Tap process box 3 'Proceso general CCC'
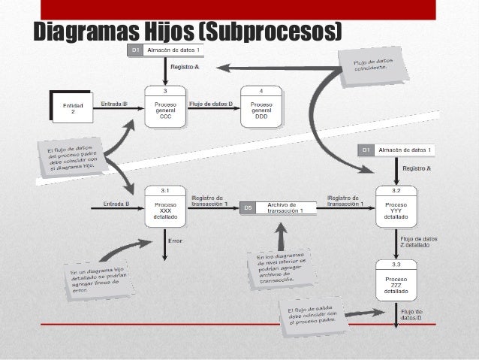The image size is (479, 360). [x=165, y=110]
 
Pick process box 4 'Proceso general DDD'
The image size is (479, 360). [x=261, y=110]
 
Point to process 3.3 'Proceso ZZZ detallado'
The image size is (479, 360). [x=396, y=283]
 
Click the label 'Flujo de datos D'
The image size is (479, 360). [x=210, y=104]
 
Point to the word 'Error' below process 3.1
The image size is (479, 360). [x=175, y=241]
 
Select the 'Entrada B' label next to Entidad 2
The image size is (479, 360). [x=113, y=104]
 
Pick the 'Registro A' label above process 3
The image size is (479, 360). [x=185, y=67]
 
